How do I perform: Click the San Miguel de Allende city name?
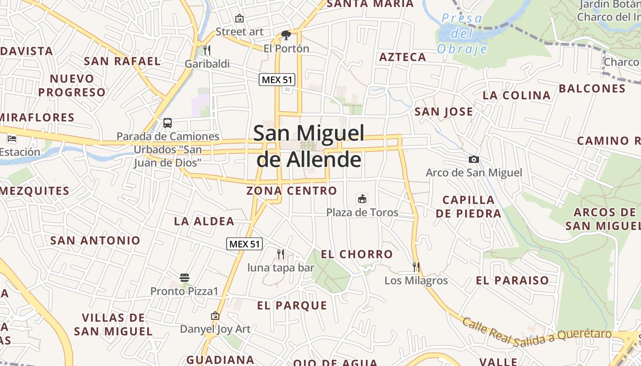click(309, 146)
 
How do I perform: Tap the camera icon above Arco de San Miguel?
click(474, 159)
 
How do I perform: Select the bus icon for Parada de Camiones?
click(168, 123)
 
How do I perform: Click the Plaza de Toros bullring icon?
click(362, 199)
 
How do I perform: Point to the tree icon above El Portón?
click(286, 35)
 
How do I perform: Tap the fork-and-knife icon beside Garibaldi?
click(207, 50)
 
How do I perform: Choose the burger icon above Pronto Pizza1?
click(185, 277)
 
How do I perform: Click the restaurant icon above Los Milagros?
click(416, 267)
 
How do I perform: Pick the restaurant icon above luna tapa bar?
click(281, 254)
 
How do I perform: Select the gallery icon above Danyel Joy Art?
click(215, 316)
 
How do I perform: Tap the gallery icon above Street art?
click(239, 18)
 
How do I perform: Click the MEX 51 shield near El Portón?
click(277, 80)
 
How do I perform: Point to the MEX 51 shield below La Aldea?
click(245, 244)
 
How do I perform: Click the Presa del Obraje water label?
click(462, 33)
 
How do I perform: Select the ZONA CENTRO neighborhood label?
click(292, 191)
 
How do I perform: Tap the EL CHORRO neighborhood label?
click(357, 254)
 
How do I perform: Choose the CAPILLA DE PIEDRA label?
click(468, 206)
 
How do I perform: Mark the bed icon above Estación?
click(12, 138)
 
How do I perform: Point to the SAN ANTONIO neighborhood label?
click(95, 240)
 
